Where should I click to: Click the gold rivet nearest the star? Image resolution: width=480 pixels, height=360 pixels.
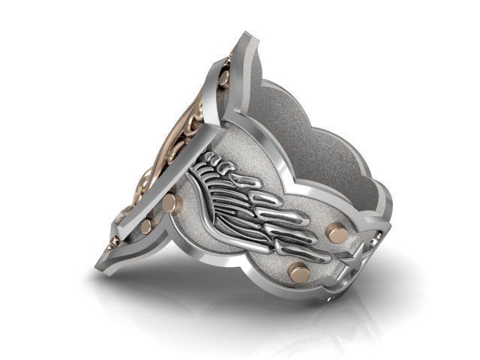pos(338,234)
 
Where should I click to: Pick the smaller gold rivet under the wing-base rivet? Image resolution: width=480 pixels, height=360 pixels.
pos(147,225)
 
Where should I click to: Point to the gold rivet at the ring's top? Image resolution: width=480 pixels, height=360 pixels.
pos(223,77)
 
